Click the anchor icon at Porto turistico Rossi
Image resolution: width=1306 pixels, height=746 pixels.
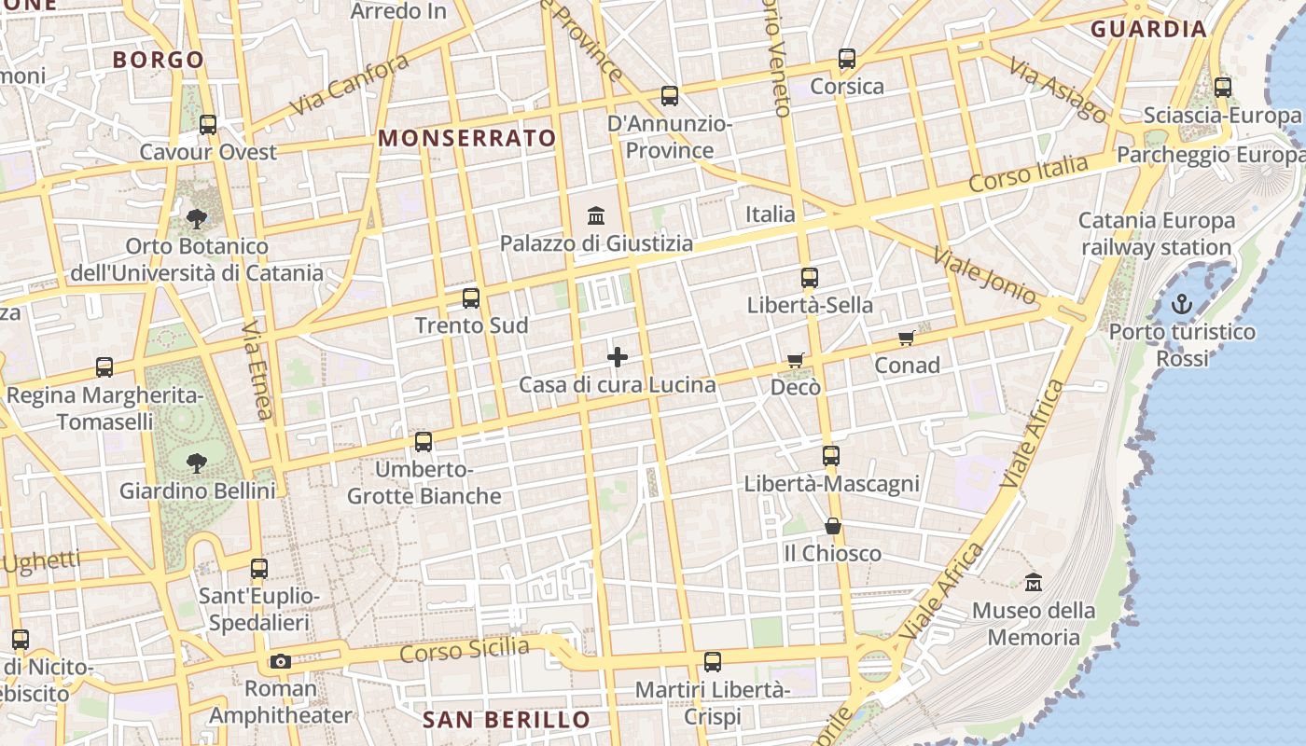[x=1182, y=304]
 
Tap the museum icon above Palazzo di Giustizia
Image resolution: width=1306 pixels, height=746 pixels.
[x=596, y=216]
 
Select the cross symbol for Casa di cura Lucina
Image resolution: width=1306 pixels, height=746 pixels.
[x=618, y=357]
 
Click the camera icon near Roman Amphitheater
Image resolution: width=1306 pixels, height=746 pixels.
[x=280, y=662]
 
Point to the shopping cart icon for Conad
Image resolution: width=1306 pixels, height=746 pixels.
[x=906, y=338]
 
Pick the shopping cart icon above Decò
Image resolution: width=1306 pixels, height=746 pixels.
[x=795, y=360]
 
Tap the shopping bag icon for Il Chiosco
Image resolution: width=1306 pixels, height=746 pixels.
[x=833, y=527]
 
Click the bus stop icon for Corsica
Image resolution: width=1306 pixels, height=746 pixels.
[x=847, y=59]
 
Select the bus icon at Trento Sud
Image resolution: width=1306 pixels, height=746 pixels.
[x=471, y=298]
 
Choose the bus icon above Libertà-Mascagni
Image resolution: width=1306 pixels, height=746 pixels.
[x=831, y=456]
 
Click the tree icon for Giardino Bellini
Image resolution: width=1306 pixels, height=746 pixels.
[x=197, y=463]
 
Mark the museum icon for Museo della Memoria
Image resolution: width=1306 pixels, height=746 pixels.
[x=1034, y=583]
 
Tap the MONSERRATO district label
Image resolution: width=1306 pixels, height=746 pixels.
[x=466, y=139]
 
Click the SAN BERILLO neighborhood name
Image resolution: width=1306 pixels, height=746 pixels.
[x=507, y=720]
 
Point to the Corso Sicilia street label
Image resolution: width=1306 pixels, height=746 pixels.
[x=465, y=650]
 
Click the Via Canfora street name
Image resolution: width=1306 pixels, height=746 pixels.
[x=349, y=85]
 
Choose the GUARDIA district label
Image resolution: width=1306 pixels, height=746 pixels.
[x=1149, y=29]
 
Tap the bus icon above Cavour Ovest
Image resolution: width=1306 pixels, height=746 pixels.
[x=208, y=125]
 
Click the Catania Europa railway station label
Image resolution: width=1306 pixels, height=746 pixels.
[x=1157, y=234]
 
